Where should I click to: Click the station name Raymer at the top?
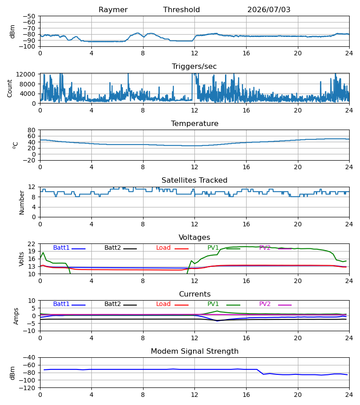(x=113, y=10)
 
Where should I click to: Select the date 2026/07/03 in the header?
(x=269, y=10)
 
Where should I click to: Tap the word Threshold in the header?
(x=181, y=9)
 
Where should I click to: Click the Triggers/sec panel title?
(x=194, y=67)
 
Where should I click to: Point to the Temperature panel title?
(x=194, y=123)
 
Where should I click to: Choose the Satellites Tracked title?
(x=194, y=180)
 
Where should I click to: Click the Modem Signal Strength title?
(x=194, y=351)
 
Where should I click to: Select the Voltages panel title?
(x=194, y=237)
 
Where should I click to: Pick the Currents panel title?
(x=195, y=294)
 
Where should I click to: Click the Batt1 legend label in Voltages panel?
(x=61, y=247)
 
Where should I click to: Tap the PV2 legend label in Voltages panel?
(x=265, y=247)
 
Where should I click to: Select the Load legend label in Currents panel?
(x=163, y=304)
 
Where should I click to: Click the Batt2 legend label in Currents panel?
(x=112, y=304)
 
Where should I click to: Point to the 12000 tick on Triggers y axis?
(x=26, y=74)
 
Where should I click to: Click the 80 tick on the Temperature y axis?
(x=31, y=130)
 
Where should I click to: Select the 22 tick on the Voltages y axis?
(x=31, y=244)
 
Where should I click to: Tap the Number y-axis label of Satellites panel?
(x=22, y=203)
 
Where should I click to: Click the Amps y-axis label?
(x=16, y=316)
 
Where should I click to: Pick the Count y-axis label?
(x=9, y=88)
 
